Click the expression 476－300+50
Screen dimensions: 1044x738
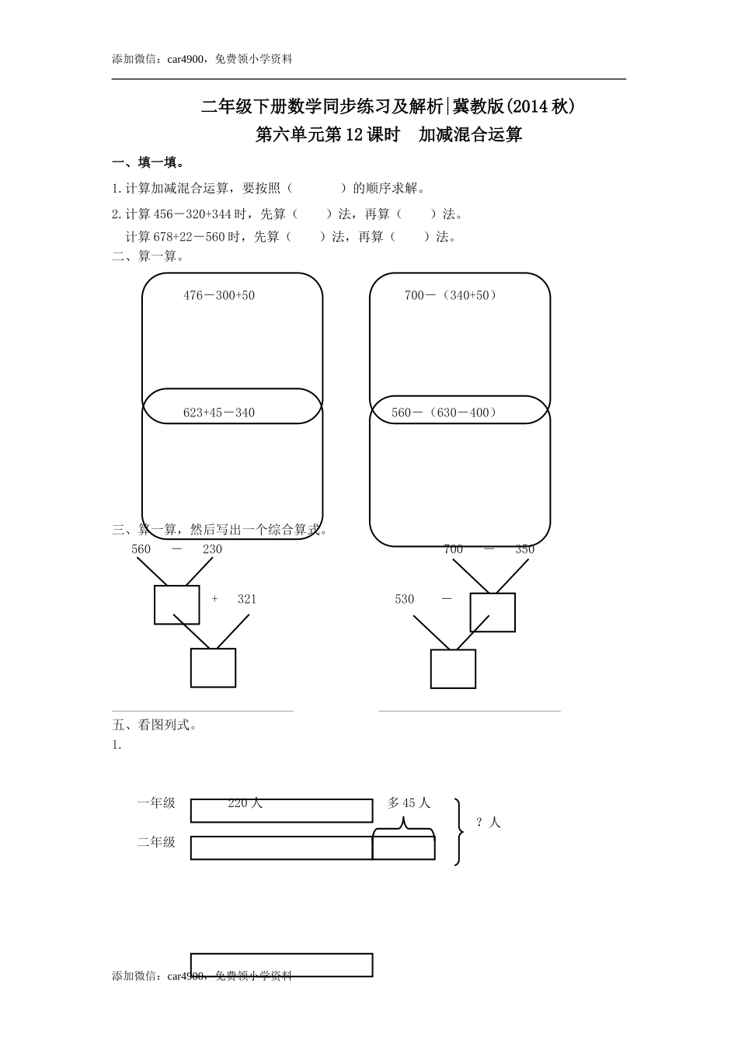coord(219,295)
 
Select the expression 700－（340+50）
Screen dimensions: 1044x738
coord(451,295)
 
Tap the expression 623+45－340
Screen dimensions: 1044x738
coord(219,412)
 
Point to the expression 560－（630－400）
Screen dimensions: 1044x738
coord(444,412)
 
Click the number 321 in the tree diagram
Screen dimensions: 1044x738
coord(247,599)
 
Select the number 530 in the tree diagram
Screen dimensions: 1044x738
coord(405,599)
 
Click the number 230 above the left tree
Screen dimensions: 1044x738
coord(212,549)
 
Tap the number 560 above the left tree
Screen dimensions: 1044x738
coord(141,549)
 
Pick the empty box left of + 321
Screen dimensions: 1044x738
coord(177,605)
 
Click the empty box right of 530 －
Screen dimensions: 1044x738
coord(493,612)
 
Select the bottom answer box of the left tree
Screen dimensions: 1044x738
coord(214,668)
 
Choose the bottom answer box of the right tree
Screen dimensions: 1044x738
coord(453,669)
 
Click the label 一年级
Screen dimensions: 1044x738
coord(157,803)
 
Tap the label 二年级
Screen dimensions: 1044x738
coord(157,842)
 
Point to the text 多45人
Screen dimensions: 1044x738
coord(409,803)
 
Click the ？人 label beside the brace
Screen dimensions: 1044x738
coord(489,822)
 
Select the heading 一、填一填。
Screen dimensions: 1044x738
coord(148,162)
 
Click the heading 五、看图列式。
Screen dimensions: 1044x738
coord(155,726)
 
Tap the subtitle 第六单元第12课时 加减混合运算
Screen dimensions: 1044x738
coord(388,135)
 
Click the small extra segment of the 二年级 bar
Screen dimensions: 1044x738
coord(403,847)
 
